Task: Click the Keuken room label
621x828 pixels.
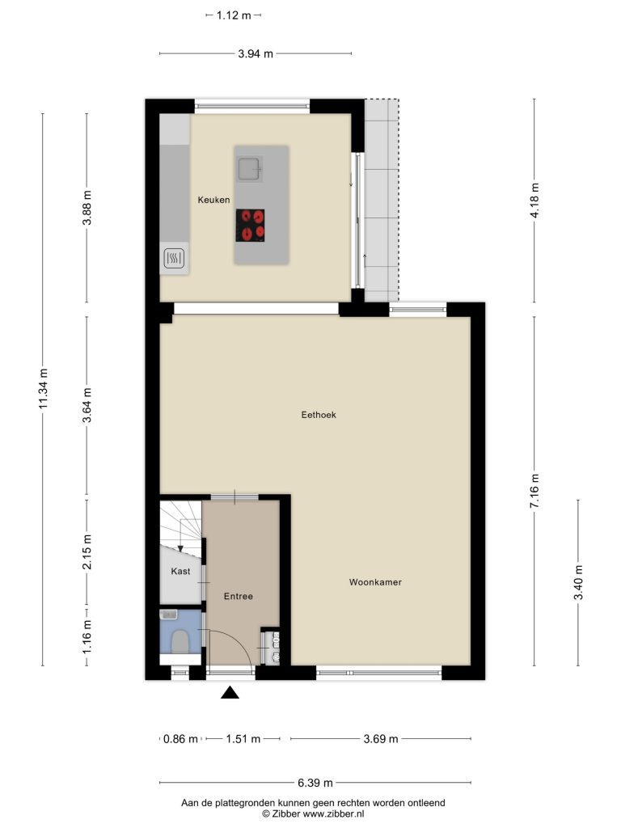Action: (x=213, y=200)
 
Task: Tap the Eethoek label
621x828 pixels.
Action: (x=319, y=415)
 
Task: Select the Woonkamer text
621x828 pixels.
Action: (x=375, y=582)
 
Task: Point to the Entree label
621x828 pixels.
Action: (x=239, y=596)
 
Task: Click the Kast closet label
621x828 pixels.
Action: (x=180, y=572)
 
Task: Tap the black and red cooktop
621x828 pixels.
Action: (x=251, y=226)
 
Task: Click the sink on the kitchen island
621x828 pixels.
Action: (x=249, y=169)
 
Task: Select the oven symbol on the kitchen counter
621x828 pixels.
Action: (x=175, y=258)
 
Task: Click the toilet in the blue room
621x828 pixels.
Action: (x=180, y=641)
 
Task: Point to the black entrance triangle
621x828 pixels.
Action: (x=230, y=692)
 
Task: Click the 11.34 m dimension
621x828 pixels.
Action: (x=44, y=388)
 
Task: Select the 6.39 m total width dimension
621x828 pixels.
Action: (x=315, y=783)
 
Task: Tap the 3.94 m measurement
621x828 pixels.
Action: (x=256, y=53)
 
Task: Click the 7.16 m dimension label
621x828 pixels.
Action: (x=534, y=491)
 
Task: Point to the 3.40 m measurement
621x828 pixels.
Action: (x=579, y=582)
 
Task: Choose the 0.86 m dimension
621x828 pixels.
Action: (x=180, y=739)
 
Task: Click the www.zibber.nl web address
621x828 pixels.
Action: (x=333, y=813)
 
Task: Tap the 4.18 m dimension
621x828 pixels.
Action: (x=535, y=201)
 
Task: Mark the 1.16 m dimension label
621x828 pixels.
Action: (x=87, y=636)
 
